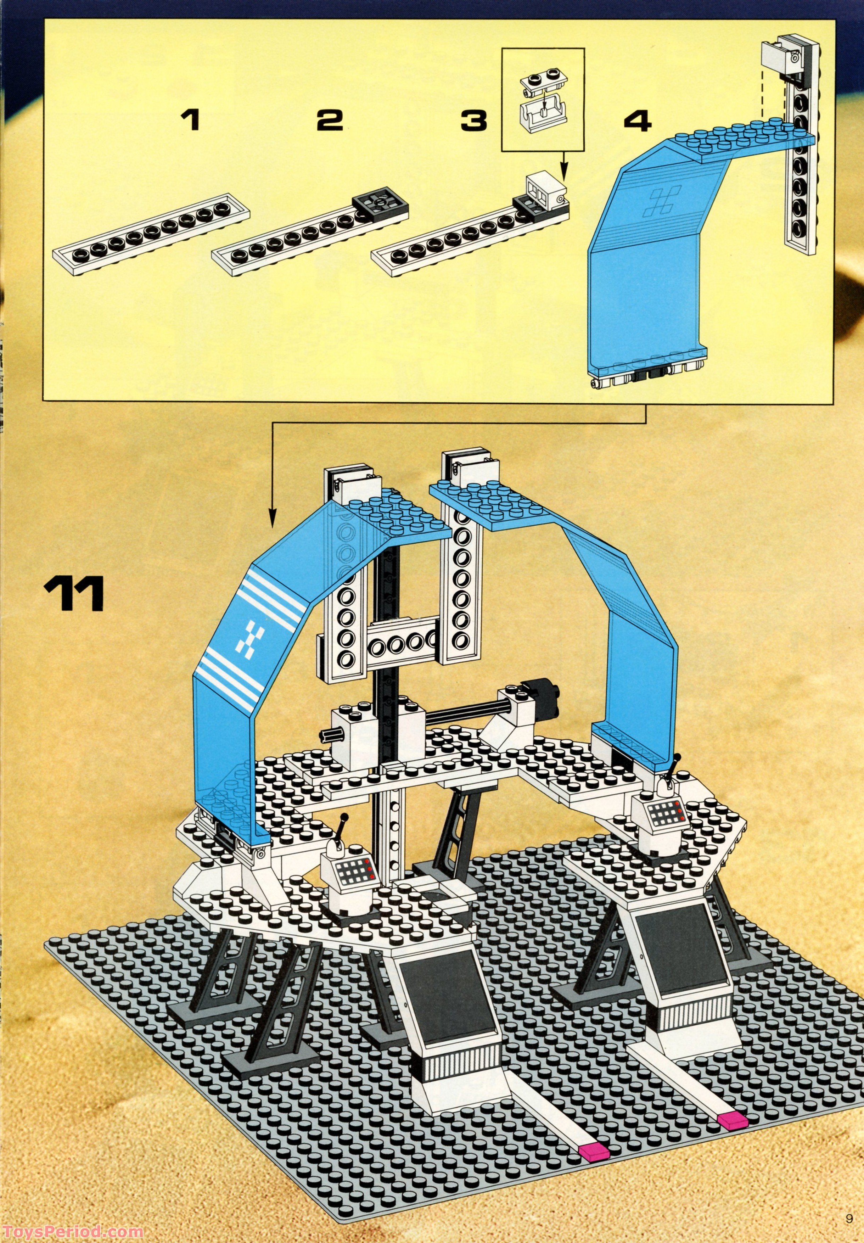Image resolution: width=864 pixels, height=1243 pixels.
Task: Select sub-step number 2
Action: pyautogui.click(x=330, y=120)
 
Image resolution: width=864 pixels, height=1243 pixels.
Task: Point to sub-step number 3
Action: pyautogui.click(x=474, y=120)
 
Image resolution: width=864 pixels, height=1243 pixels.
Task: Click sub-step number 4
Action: pyautogui.click(x=637, y=120)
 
